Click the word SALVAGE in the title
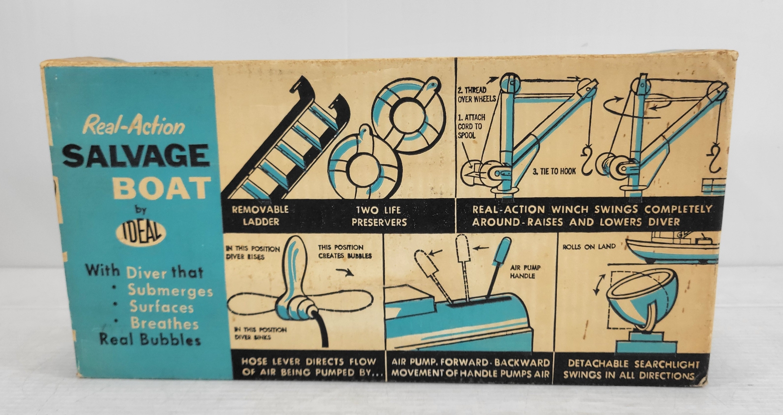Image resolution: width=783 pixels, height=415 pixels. pos(136,155)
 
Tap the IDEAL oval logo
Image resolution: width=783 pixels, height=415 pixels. pos(141,233)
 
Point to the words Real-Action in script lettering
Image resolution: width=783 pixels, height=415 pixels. pos(134,125)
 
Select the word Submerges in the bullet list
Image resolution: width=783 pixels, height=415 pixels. pos(170,290)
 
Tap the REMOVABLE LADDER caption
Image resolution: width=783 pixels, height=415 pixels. pos(260,216)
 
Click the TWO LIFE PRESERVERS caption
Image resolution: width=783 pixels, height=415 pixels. pos(379,216)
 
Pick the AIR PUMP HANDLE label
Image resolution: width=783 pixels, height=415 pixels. pos(525,272)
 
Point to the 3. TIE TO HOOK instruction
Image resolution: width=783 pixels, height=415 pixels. pos(554,172)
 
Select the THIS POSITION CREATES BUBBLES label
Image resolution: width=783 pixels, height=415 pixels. pos(345,252)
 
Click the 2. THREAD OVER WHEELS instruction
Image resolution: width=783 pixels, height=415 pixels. pos(476,94)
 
